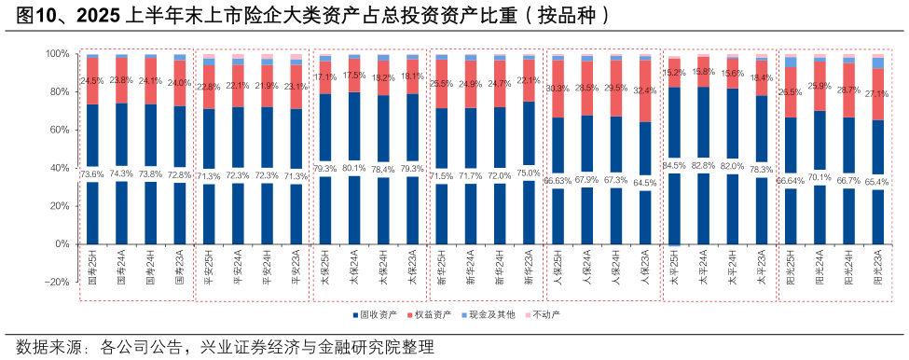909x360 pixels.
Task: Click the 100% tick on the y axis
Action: tap(59, 54)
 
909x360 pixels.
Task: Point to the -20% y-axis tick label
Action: tap(58, 282)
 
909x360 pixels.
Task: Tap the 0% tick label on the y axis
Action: tap(63, 244)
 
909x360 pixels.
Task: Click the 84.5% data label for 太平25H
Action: tap(674, 166)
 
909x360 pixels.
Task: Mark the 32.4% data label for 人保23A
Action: tap(643, 91)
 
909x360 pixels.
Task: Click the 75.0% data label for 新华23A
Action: tap(529, 173)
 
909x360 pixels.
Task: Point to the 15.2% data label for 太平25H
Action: tap(674, 72)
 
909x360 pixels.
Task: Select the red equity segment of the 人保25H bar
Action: tap(558, 89)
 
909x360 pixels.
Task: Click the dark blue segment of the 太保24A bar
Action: tap(354, 131)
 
